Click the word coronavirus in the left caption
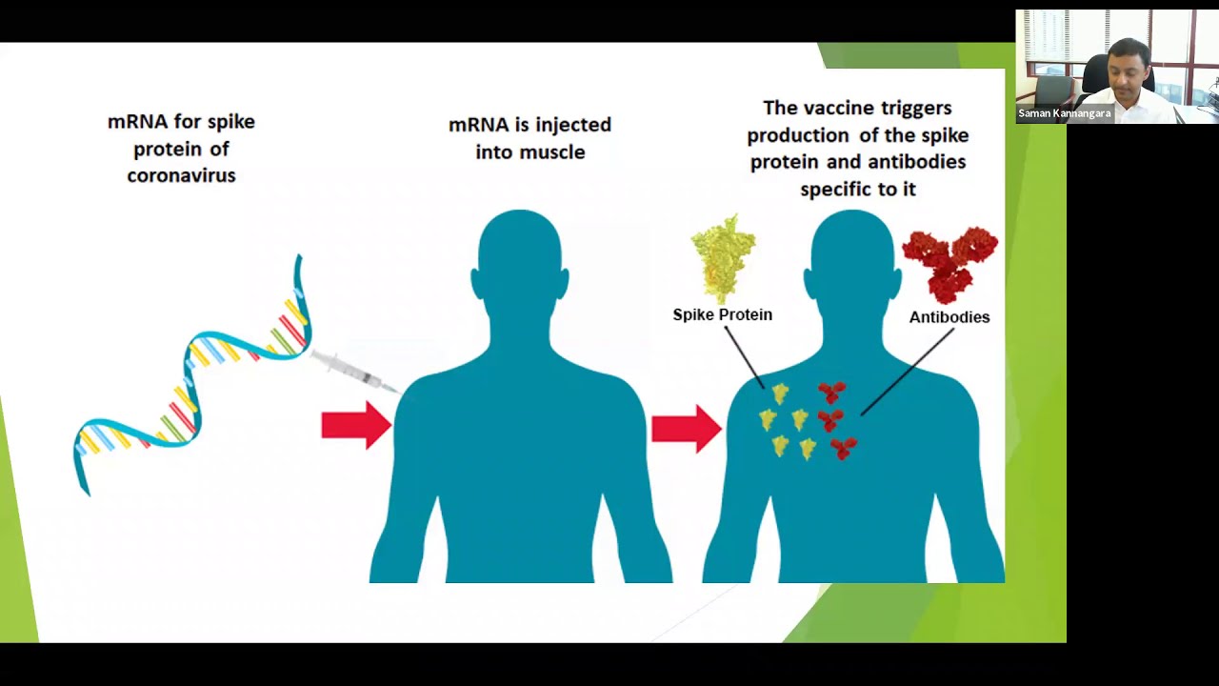click(x=181, y=175)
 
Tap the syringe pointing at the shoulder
click(x=356, y=373)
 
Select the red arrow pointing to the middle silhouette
click(x=356, y=425)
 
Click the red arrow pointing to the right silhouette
click(x=687, y=429)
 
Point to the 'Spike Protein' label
click(x=723, y=314)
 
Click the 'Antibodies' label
click(x=949, y=317)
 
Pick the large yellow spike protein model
click(x=723, y=258)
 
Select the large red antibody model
click(x=950, y=265)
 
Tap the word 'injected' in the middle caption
click(x=573, y=126)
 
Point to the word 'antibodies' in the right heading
click(x=917, y=162)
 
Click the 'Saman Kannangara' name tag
click(x=1065, y=113)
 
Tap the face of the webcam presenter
click(x=1130, y=70)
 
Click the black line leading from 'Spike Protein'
click(x=745, y=357)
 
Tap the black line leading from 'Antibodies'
click(x=908, y=372)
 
